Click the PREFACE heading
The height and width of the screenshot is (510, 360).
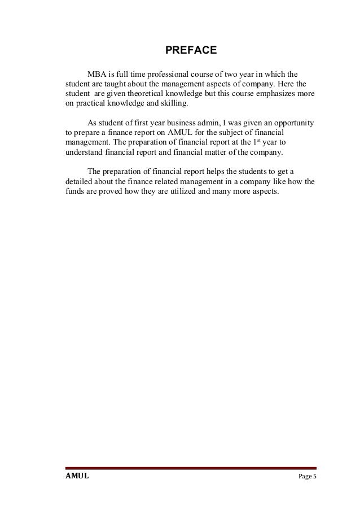pyautogui.click(x=191, y=51)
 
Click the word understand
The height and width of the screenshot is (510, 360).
pyautogui.click(x=81, y=153)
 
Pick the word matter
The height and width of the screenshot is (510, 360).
pyautogui.click(x=205, y=153)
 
